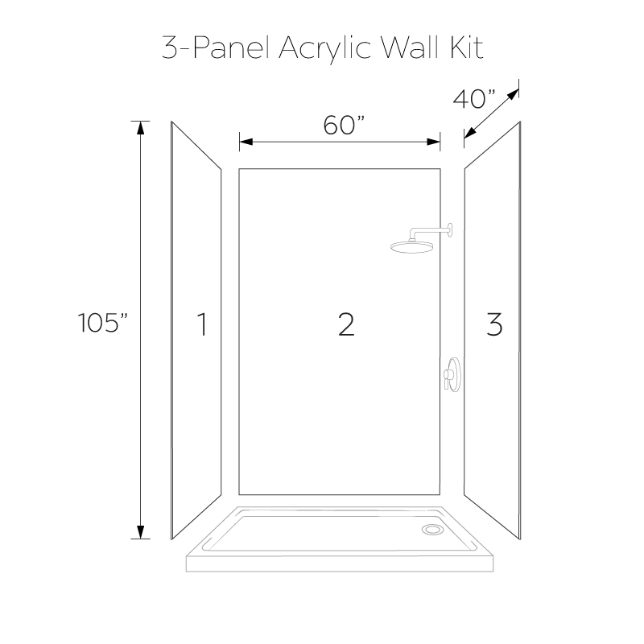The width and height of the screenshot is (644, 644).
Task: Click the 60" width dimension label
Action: coord(345,126)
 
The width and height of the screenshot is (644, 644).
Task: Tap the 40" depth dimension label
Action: coord(474,99)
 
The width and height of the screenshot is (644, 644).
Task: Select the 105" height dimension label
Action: coord(103,323)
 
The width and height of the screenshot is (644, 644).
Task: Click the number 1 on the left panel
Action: coord(202,324)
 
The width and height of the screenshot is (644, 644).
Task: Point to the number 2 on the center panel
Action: coord(346,324)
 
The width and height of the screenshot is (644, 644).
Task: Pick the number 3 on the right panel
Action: coord(494,324)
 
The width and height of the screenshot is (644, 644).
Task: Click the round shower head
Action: coord(412,246)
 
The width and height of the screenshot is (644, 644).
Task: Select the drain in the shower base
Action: coord(432,530)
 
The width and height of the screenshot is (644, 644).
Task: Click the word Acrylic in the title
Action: coord(325,49)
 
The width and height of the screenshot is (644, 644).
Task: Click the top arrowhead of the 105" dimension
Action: coord(140,128)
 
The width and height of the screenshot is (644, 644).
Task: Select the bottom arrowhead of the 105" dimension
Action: coord(140,532)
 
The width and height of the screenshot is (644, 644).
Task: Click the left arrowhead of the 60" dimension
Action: coord(246,142)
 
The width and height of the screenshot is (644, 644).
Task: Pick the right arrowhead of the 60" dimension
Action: coord(434,142)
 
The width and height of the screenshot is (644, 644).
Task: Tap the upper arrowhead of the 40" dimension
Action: coord(514,94)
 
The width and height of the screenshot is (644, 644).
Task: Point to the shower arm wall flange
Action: coord(451,230)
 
